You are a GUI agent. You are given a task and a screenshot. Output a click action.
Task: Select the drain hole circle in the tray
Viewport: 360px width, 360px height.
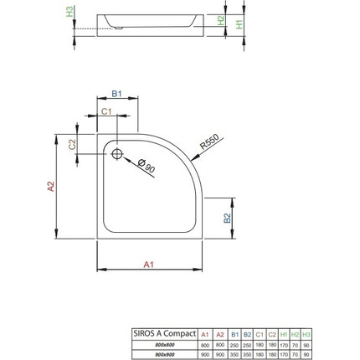(x=116, y=153)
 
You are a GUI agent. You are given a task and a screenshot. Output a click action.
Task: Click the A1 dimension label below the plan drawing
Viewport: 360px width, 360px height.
(x=149, y=265)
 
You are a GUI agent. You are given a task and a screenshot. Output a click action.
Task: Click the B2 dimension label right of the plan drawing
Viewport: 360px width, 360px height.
(x=226, y=217)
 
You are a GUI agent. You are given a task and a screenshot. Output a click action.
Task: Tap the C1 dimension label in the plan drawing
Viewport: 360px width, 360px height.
(x=105, y=111)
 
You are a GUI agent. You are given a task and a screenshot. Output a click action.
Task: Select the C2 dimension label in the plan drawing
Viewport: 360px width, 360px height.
(x=72, y=143)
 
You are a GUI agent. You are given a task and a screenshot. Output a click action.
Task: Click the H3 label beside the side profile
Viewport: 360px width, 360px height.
(x=69, y=13)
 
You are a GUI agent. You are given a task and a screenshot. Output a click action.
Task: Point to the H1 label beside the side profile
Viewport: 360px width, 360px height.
(x=239, y=24)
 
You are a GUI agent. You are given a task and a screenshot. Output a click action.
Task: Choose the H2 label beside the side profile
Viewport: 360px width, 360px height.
(x=220, y=20)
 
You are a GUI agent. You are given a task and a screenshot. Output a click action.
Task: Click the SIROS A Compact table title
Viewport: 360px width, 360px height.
(x=163, y=334)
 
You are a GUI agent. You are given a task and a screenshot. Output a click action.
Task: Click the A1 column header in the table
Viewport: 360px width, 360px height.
(x=204, y=335)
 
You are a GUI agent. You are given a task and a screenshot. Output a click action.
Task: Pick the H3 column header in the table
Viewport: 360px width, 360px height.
(x=306, y=335)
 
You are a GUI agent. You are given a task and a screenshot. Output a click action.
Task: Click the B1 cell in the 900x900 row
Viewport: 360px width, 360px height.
(x=234, y=352)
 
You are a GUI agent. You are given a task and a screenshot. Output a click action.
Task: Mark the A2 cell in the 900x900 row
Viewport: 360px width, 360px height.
(x=219, y=352)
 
